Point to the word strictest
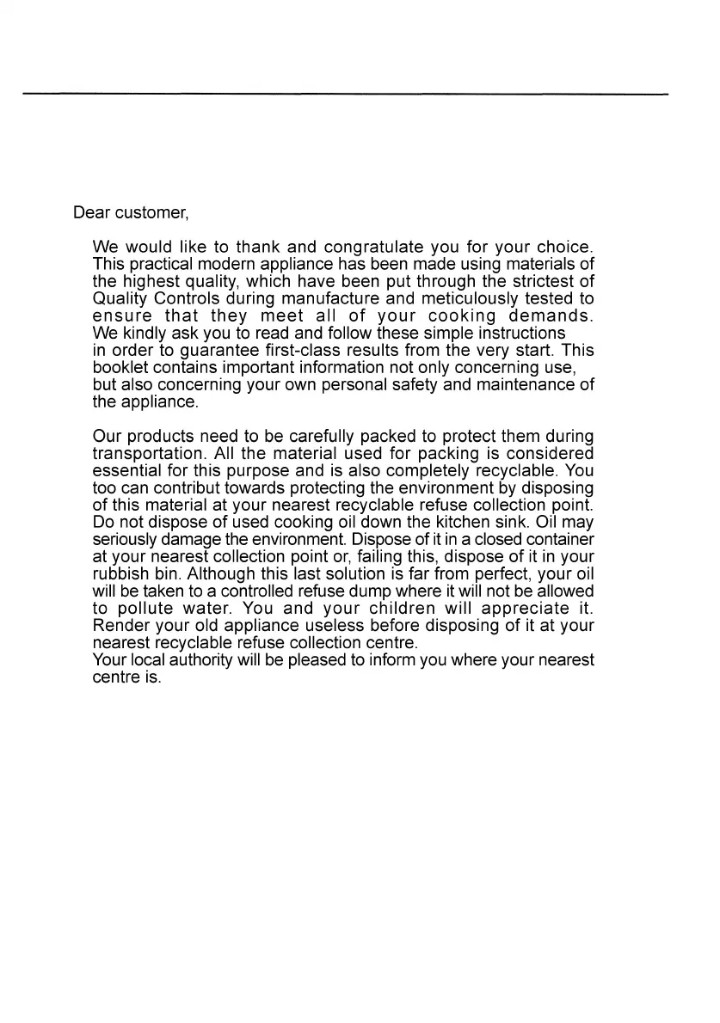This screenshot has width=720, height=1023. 541,282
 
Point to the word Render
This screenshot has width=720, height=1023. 120,625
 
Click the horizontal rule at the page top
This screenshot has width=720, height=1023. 344,93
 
